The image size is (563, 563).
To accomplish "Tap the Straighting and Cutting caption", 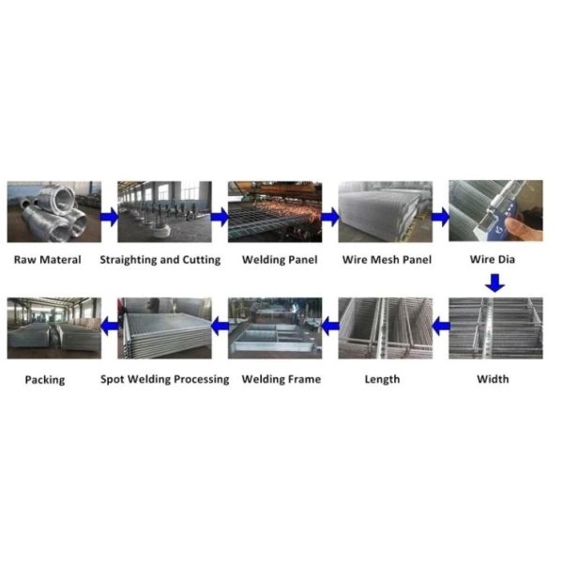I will coord(160,260).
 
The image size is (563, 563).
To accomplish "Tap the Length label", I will coord(382,379).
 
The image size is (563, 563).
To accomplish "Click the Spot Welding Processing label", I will coord(165,379).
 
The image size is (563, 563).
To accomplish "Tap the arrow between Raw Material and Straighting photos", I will coord(109,217).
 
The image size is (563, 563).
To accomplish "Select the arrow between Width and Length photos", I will coord(440,326).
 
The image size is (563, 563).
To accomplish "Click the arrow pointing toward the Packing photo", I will coord(109,326).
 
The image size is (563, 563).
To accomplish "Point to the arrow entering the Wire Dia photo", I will coord(440,217).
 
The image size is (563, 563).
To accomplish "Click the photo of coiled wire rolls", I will coord(54,213).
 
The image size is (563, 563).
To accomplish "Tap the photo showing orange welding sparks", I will coord(274,213).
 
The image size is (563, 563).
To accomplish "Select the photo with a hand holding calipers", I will coord(495,213).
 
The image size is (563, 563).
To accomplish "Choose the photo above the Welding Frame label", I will coord(274,327).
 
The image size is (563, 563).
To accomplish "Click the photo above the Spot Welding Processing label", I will coord(164,327).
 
